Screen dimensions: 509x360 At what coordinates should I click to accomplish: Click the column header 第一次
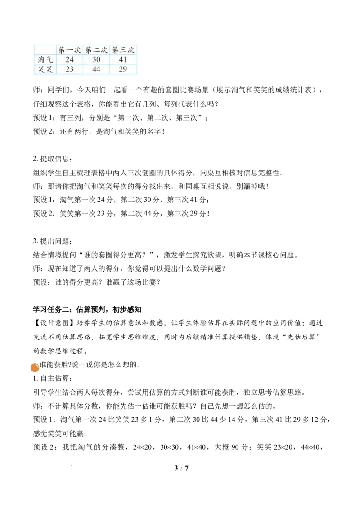click(70, 50)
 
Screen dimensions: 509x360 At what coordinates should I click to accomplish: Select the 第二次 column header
click(96, 50)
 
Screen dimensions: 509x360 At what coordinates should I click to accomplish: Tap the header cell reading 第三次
click(123, 50)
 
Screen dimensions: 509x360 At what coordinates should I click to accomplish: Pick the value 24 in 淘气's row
click(70, 60)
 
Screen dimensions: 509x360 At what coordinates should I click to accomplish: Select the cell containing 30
click(96, 60)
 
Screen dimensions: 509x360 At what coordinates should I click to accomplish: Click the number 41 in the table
click(123, 60)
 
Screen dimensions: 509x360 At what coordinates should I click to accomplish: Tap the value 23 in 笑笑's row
click(70, 69)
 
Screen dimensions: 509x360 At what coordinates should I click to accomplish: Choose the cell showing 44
click(96, 69)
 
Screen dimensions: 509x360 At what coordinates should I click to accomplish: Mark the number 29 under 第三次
click(123, 69)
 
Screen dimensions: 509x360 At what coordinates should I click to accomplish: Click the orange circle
click(35, 368)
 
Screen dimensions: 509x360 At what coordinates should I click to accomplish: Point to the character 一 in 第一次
click(70, 50)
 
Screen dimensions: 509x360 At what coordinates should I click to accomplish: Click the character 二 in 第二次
click(96, 50)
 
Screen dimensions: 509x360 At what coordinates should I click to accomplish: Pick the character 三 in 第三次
click(123, 50)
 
